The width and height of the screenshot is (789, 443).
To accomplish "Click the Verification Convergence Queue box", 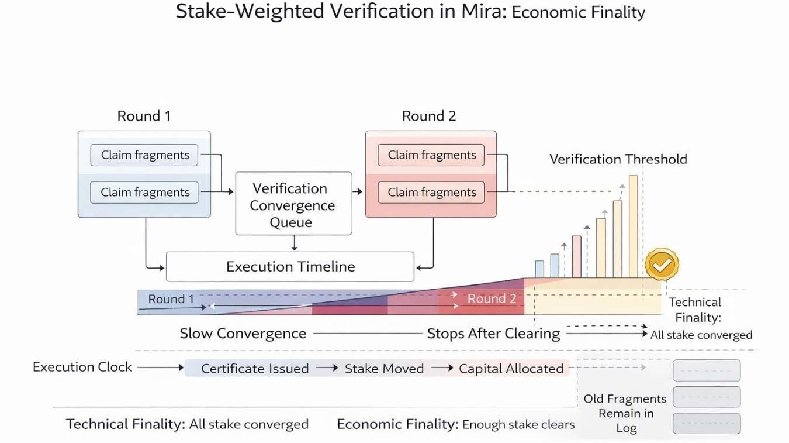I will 293,204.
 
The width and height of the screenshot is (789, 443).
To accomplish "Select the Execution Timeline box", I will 290,267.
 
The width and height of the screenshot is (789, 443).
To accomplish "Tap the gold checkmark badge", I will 661,265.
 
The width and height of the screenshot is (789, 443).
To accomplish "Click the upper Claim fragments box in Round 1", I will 144,155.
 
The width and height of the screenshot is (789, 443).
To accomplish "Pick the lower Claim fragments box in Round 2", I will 431,192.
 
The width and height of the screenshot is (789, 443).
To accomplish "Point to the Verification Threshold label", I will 618,159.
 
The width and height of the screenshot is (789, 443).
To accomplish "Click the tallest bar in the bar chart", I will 633,226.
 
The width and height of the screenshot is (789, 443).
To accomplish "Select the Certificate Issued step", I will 255,369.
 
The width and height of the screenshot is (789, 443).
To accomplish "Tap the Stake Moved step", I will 384,369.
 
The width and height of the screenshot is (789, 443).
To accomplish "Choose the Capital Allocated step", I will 511,369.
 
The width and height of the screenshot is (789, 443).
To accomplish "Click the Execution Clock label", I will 82,367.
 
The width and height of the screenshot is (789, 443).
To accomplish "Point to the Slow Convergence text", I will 243,334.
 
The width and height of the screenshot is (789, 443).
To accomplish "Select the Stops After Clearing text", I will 493,334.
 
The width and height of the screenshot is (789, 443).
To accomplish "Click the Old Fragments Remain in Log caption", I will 625,413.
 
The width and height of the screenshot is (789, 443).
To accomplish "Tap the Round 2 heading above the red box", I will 428,116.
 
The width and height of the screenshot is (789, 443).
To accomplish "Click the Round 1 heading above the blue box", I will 144,116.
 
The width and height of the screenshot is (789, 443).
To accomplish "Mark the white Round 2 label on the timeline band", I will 492,298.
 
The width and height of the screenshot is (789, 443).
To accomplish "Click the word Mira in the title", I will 485,12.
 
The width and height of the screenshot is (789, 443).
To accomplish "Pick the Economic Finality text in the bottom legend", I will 397,424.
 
